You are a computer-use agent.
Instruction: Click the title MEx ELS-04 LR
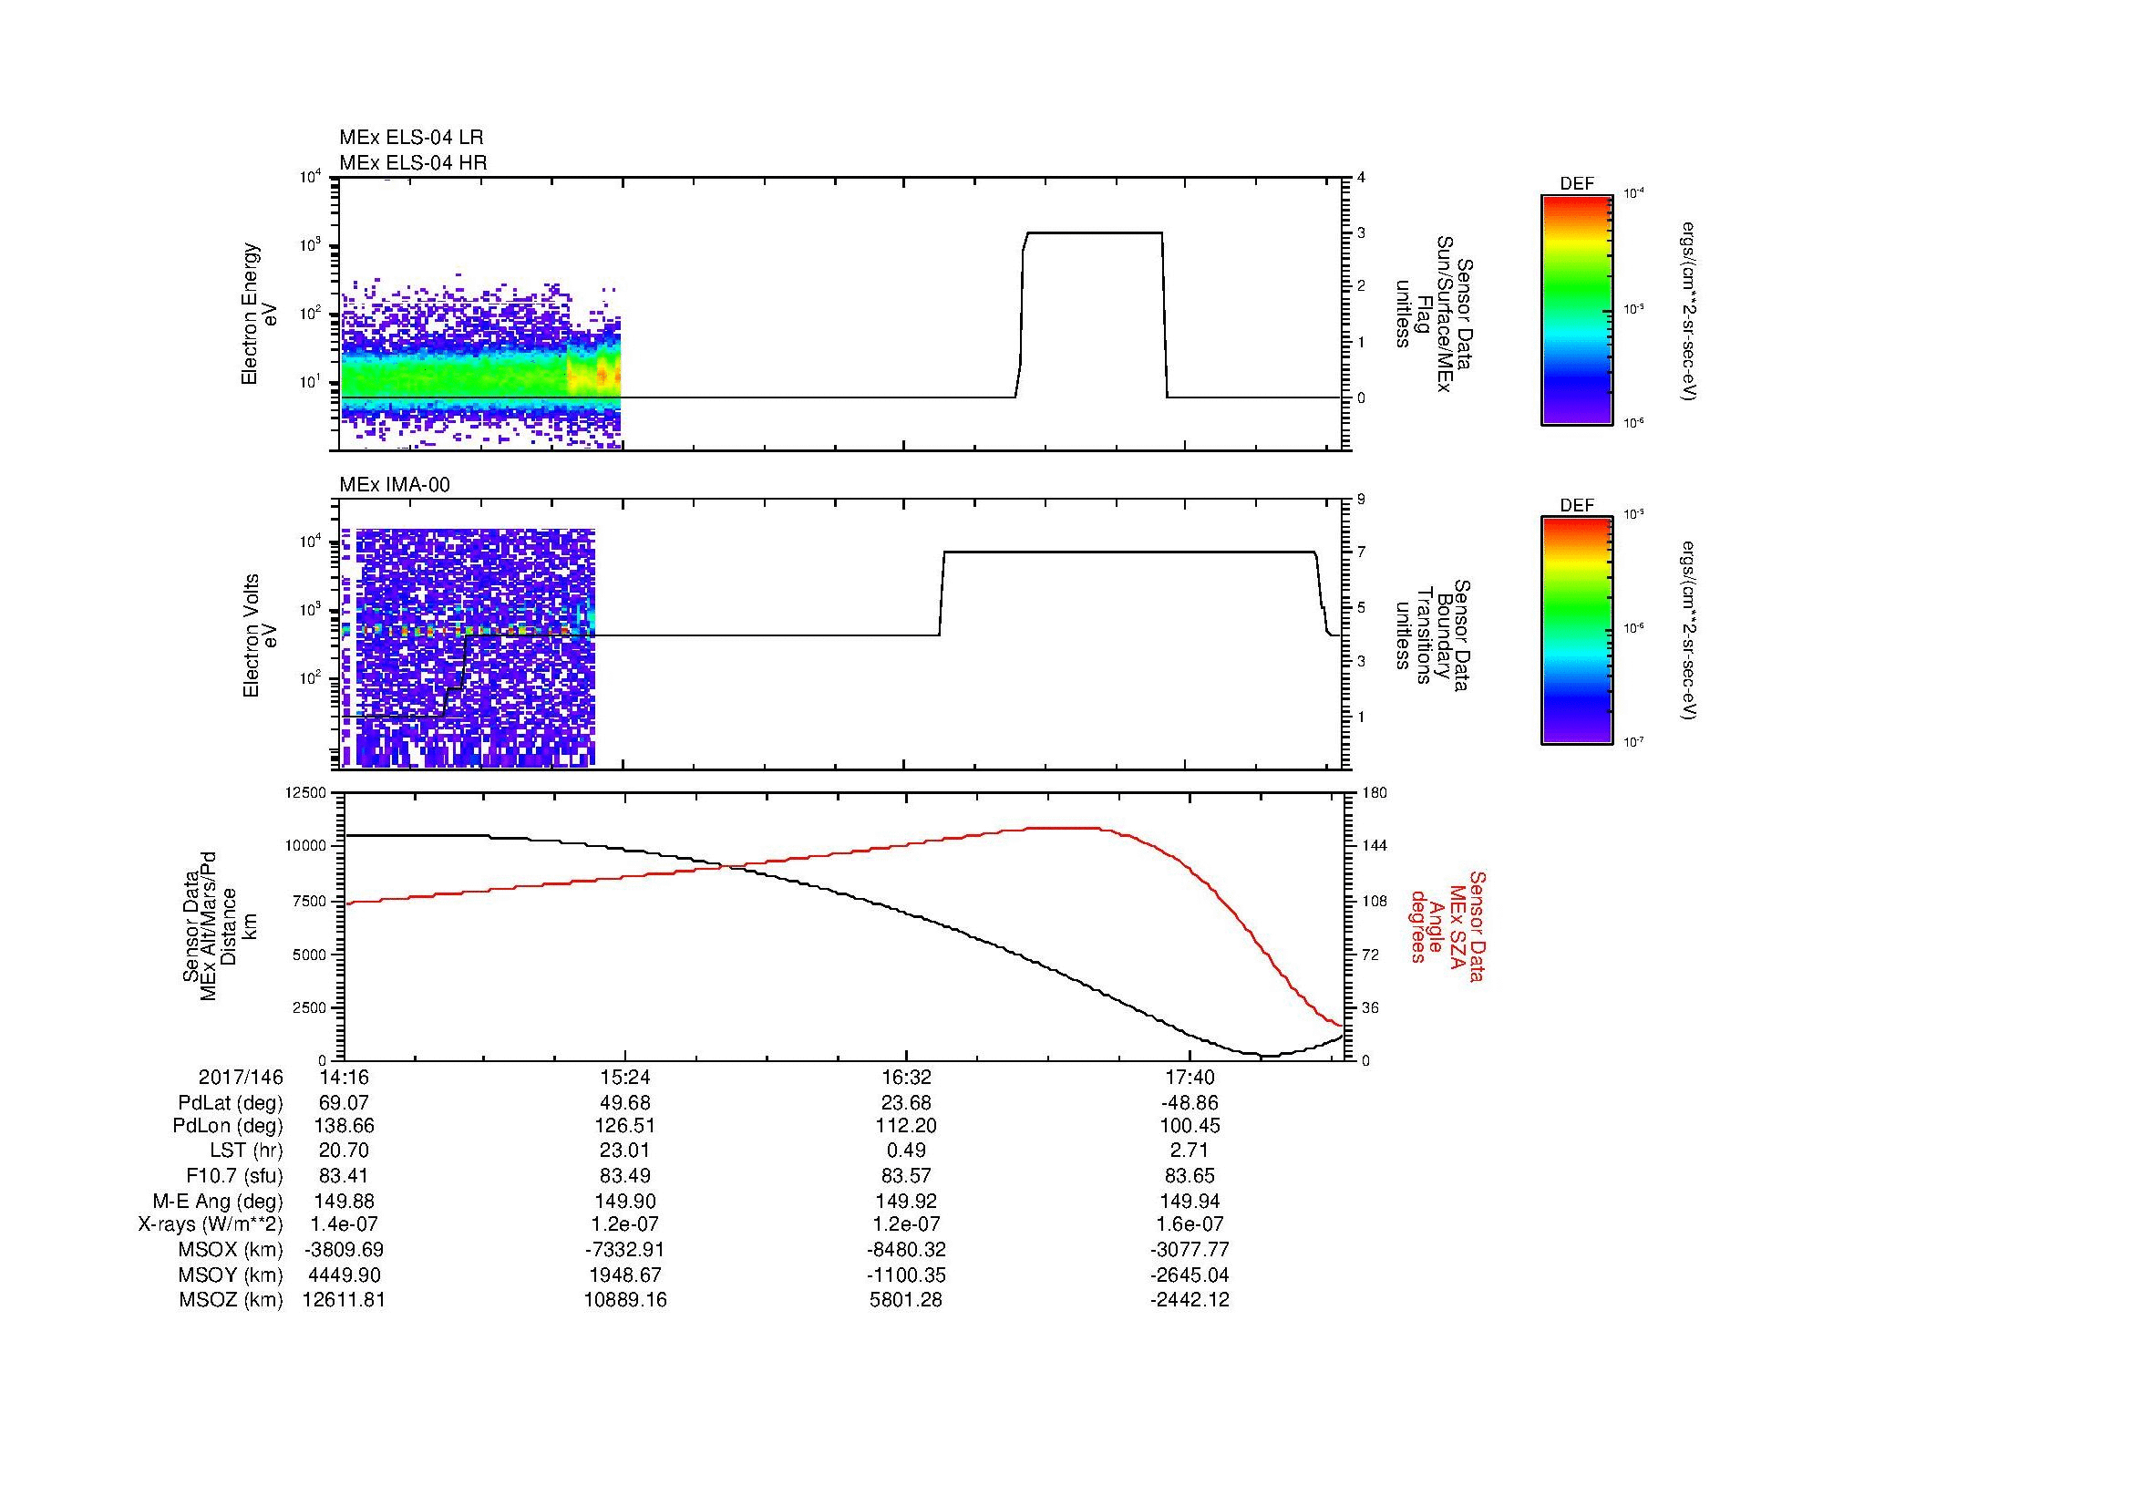pos(410,138)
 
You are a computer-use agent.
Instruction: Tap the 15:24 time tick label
pos(625,1078)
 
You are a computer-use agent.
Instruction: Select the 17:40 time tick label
pos(1190,1078)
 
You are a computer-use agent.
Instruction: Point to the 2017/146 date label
pos(241,1078)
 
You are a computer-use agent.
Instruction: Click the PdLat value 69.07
pos(344,1103)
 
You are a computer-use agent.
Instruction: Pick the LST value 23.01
pos(625,1151)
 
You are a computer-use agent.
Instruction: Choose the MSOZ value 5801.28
pos(906,1300)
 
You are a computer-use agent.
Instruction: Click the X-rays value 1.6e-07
pos(1190,1224)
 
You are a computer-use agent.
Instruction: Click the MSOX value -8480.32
pos(906,1250)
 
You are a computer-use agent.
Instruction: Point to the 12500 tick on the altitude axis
pos(305,793)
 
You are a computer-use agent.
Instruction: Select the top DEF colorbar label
pos(1577,184)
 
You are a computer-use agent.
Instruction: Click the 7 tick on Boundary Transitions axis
pos(1361,552)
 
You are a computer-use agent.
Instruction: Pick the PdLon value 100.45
pos(1190,1127)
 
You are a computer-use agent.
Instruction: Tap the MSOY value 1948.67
pos(625,1275)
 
